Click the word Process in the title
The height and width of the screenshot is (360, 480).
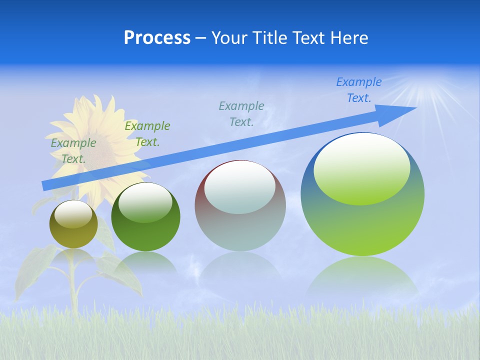[x=157, y=38]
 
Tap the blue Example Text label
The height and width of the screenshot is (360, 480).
[x=358, y=90]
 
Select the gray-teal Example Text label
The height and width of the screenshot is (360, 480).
[x=241, y=114]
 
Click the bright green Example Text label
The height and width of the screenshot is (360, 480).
[x=147, y=134]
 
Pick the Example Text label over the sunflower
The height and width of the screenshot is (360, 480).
[x=73, y=151]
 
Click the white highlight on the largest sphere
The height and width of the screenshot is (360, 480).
[x=361, y=168]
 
